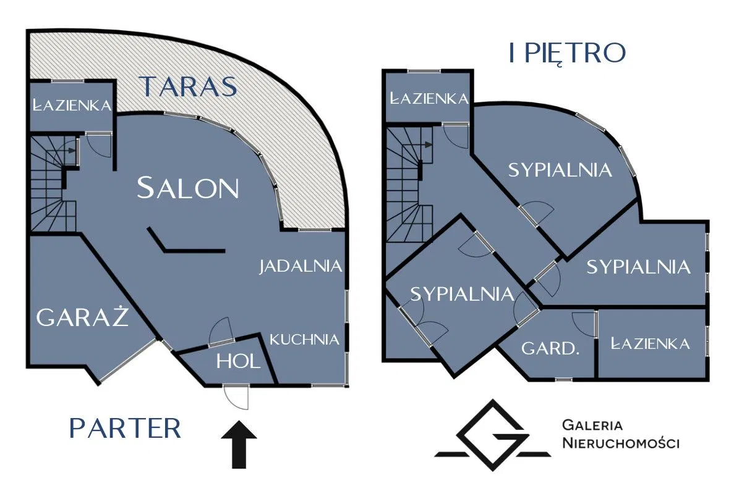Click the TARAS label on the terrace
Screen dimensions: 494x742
tap(189, 86)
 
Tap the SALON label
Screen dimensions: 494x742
tap(188, 188)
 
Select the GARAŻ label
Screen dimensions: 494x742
tap(82, 317)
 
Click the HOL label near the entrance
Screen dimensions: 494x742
tap(239, 361)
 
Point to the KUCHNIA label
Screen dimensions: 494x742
tap(305, 339)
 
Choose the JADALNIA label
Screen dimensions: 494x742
tap(301, 266)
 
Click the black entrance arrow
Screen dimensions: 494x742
tap(239, 444)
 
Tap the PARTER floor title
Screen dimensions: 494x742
tap(126, 428)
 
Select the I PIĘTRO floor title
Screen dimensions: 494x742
tap(567, 54)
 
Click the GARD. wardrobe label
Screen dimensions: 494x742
tap(550, 348)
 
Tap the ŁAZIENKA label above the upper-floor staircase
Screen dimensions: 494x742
tap(428, 98)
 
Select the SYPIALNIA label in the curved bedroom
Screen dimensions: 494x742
tap(560, 170)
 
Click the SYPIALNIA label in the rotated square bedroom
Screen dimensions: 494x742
tap(462, 294)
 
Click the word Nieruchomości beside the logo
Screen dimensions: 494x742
tap(621, 443)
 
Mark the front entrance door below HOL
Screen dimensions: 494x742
tap(236, 395)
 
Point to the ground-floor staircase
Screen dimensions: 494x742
tap(52, 185)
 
